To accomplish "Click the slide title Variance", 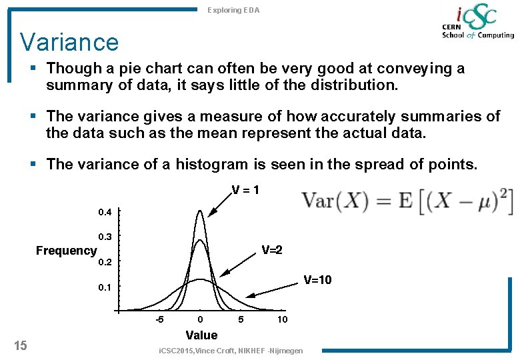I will pyautogui.click(x=69, y=42).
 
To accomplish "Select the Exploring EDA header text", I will pyautogui.click(x=233, y=10).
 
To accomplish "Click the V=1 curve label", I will pyautogui.click(x=246, y=190).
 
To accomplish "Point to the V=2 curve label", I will pyautogui.click(x=272, y=250).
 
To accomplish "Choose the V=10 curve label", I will pyautogui.click(x=317, y=279).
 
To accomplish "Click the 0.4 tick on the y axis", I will pyautogui.click(x=105, y=213).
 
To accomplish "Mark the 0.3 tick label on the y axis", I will pyautogui.click(x=105, y=237).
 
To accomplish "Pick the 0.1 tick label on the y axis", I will pyautogui.click(x=105, y=287).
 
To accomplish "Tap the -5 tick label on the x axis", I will pyautogui.click(x=160, y=319).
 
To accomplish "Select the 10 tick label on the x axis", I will pyautogui.click(x=283, y=319).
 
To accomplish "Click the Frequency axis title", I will pyautogui.click(x=66, y=251).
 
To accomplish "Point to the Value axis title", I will pyautogui.click(x=201, y=335).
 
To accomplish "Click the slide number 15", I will pyautogui.click(x=21, y=345).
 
